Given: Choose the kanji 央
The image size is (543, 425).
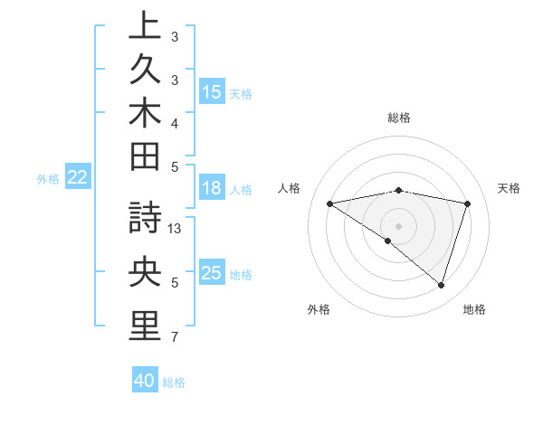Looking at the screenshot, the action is (x=146, y=273).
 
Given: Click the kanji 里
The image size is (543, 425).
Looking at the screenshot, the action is (x=146, y=326).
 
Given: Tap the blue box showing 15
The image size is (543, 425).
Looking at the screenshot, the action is (x=212, y=92).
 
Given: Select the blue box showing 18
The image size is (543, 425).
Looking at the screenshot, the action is (x=212, y=189).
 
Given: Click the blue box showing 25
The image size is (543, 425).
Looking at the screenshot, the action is (x=212, y=273).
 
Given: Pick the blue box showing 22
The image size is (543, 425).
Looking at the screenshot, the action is (x=78, y=178).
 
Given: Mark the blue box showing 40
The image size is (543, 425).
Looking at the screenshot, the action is (x=145, y=381).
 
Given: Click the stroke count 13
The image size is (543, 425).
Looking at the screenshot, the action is (x=176, y=229).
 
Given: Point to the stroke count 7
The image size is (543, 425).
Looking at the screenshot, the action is (x=175, y=337).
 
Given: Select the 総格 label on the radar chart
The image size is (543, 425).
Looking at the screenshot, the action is (x=399, y=118).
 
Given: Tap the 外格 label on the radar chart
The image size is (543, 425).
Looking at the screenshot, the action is (x=319, y=309).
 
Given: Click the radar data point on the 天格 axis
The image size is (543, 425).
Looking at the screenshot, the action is (x=468, y=203).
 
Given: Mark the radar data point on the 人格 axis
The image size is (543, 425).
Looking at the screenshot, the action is (x=330, y=203).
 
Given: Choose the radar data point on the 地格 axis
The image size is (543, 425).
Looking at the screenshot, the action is (x=441, y=285).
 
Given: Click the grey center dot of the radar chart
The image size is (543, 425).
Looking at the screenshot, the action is (x=399, y=225).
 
